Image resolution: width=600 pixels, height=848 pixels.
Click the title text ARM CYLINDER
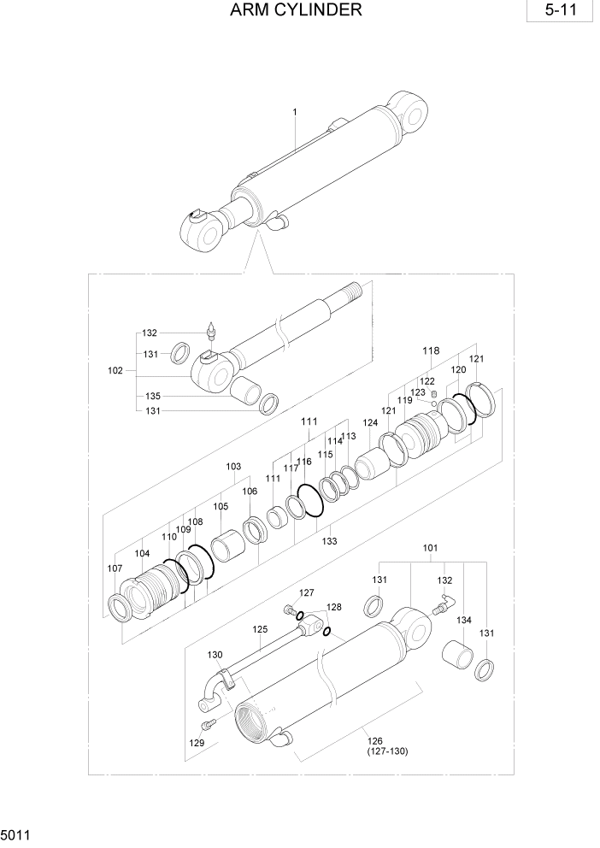pyautogui.click(x=296, y=11)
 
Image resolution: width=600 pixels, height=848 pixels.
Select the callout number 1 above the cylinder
pyautogui.click(x=294, y=112)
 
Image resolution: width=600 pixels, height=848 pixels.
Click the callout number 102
pyautogui.click(x=115, y=371)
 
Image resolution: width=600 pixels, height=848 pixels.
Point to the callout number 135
pyautogui.click(x=152, y=397)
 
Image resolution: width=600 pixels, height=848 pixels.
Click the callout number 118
pyautogui.click(x=431, y=350)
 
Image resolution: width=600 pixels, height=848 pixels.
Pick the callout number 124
pyautogui.click(x=370, y=422)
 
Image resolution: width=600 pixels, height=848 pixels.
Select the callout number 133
pyautogui.click(x=329, y=541)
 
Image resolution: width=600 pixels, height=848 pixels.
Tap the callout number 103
pyautogui.click(x=233, y=467)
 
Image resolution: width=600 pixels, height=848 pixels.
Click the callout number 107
pyautogui.click(x=115, y=568)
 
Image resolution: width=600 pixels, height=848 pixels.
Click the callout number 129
pyautogui.click(x=197, y=744)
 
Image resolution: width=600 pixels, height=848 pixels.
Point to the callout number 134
pyautogui.click(x=463, y=620)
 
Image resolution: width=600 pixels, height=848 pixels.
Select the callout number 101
pyautogui.click(x=431, y=548)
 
